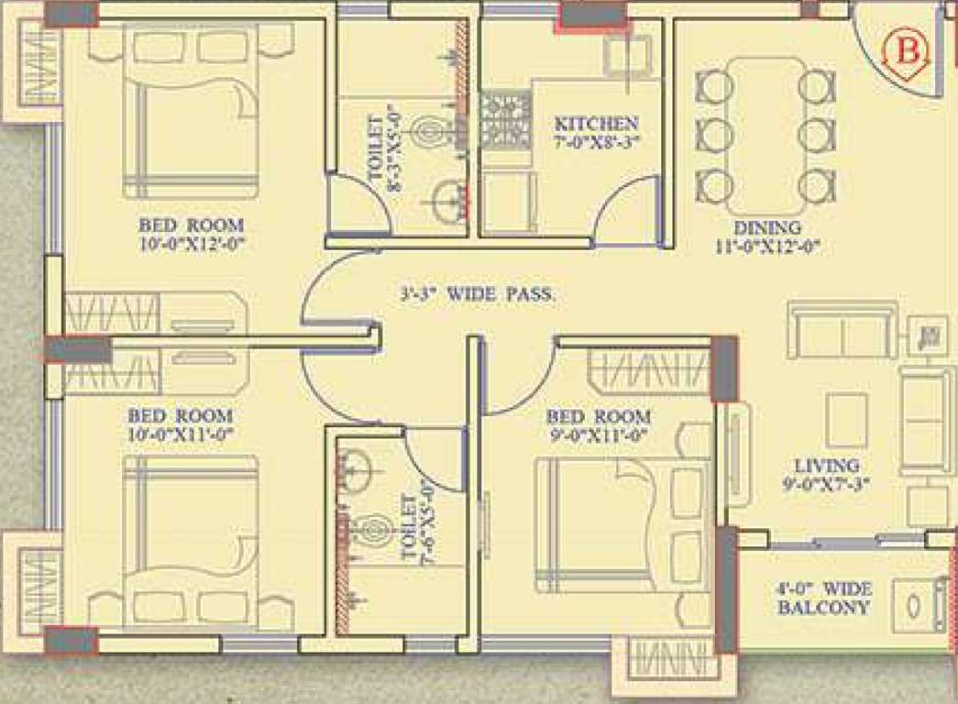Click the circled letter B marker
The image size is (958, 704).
pyautogui.click(x=906, y=51)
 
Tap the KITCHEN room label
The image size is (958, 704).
pyautogui.click(x=597, y=124)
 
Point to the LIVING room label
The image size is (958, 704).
pyautogui.click(x=827, y=466)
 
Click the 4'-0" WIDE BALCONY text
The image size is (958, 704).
pyautogui.click(x=822, y=598)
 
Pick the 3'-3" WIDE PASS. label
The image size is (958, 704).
pyautogui.click(x=478, y=295)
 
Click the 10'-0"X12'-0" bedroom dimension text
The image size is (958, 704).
pyautogui.click(x=192, y=243)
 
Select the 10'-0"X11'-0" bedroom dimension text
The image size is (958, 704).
pyautogui.click(x=181, y=434)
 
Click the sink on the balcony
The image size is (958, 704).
pyautogui.click(x=917, y=605)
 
